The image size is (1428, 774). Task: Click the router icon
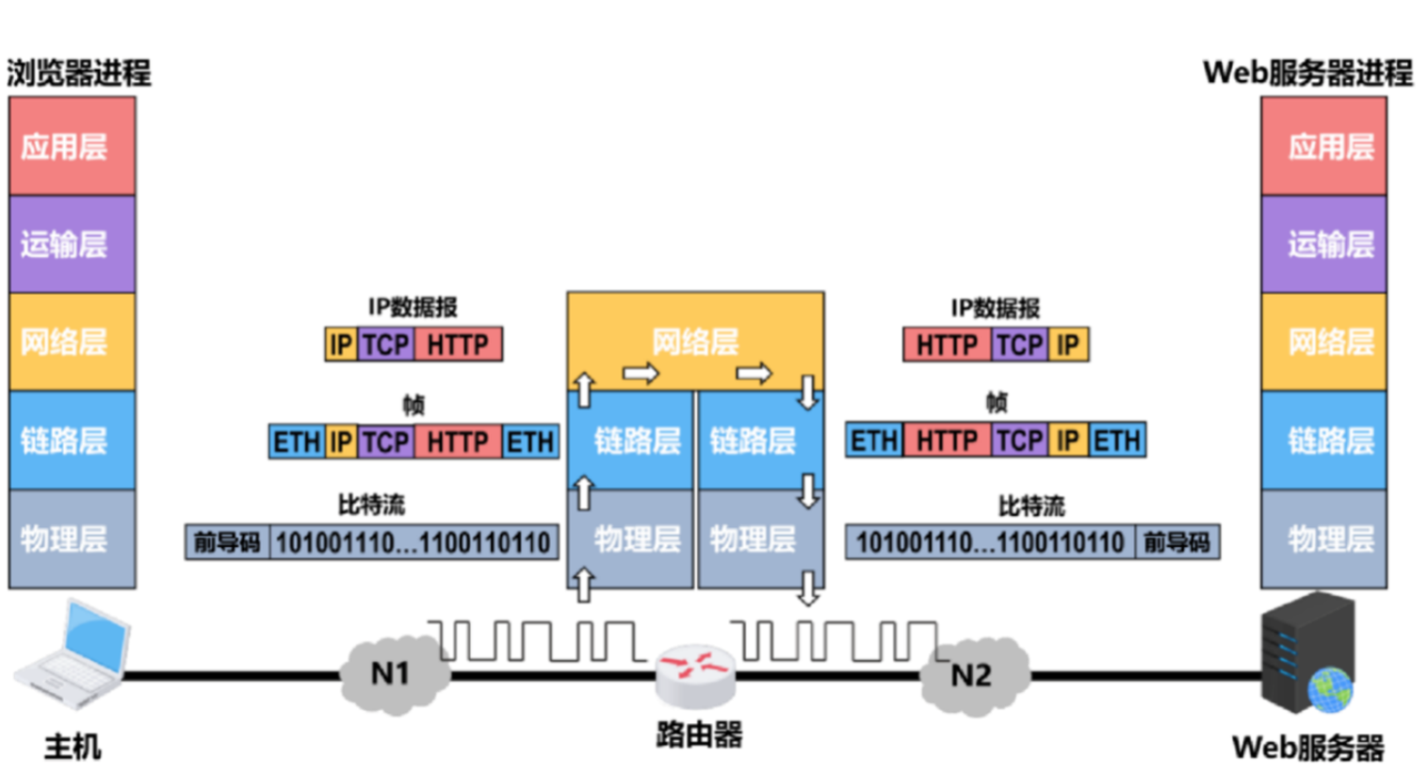click(x=695, y=676)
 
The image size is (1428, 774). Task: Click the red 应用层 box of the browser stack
click(x=72, y=146)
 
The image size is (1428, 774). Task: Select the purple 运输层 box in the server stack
click(x=1324, y=244)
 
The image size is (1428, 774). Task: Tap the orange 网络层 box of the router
click(x=695, y=342)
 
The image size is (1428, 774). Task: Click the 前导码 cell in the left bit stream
click(x=227, y=542)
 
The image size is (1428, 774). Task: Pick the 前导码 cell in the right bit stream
click(x=1177, y=542)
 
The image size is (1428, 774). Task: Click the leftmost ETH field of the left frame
click(x=297, y=442)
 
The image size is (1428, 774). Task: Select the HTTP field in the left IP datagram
click(x=459, y=345)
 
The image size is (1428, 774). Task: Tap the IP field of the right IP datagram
click(x=1068, y=345)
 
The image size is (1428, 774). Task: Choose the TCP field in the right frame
click(x=1020, y=440)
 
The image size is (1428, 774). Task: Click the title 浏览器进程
click(x=79, y=72)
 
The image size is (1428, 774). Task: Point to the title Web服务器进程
click(x=1307, y=72)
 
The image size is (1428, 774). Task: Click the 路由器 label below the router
click(x=699, y=734)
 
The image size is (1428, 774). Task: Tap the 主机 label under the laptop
click(x=72, y=748)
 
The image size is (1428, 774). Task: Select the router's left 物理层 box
click(x=630, y=539)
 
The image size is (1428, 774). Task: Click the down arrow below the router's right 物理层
click(x=807, y=588)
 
